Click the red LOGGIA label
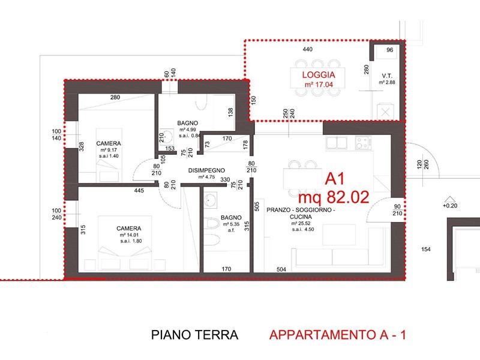click(319, 74)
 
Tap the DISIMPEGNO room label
click(206, 170)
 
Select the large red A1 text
click(335, 178)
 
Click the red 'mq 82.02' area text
click(334, 197)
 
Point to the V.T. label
click(387, 76)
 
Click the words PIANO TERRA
click(194, 335)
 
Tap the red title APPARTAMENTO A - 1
click(338, 335)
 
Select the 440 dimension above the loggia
click(307, 49)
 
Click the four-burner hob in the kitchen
click(363, 143)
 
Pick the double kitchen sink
click(337, 143)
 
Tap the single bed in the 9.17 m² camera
click(109, 155)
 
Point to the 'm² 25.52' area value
click(301, 223)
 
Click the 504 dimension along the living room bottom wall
click(281, 269)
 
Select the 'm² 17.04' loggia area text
click(319, 85)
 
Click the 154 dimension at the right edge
click(426, 250)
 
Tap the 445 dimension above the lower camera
click(139, 190)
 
